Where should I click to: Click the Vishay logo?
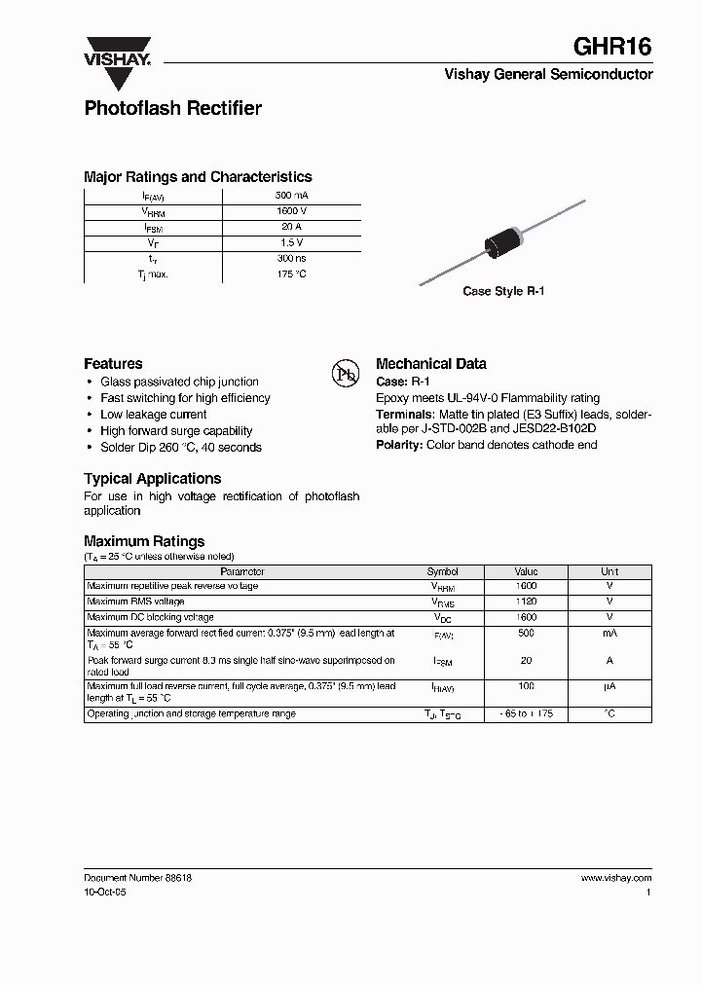pos(116,52)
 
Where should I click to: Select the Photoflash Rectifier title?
pos(172,109)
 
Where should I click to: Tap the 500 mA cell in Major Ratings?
pos(291,196)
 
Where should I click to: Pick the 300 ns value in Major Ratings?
pos(291,258)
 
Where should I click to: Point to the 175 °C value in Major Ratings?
pos(291,274)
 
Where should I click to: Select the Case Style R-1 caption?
pos(502,291)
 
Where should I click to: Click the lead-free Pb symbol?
pos(346,373)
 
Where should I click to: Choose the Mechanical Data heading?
pos(430,364)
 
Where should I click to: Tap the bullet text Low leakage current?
pos(154,415)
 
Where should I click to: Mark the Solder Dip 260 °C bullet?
pos(181,448)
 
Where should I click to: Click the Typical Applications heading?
pos(152,479)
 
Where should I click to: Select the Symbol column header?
pos(442,572)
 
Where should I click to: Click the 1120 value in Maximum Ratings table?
pos(526,602)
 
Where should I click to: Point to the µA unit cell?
pos(609,687)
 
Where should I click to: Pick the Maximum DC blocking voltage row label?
pos(150,617)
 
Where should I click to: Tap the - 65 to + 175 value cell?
pos(526,714)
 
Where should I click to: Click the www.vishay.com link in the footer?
pos(615,878)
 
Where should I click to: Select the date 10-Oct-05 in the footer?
pos(105,893)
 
